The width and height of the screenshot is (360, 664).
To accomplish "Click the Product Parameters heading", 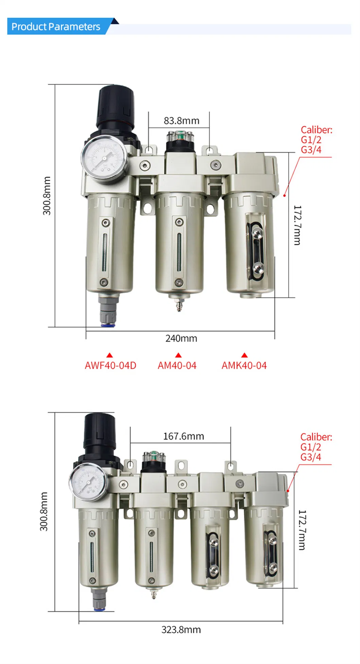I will [56, 26].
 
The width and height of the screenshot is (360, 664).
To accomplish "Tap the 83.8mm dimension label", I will [181, 121].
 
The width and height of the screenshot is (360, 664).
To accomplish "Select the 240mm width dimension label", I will [181, 338].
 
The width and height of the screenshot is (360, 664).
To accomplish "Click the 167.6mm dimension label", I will [183, 436].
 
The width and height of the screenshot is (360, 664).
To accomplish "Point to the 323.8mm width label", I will [181, 630].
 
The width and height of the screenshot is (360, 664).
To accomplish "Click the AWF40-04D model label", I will [110, 365].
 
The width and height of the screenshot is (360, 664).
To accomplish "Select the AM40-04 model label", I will [177, 365].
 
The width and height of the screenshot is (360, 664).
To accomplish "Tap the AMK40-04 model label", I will [244, 365].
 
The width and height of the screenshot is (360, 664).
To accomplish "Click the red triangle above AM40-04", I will [178, 355].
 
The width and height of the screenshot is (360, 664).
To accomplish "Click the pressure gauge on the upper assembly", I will [105, 158].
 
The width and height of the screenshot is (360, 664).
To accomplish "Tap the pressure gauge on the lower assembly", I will [88, 482].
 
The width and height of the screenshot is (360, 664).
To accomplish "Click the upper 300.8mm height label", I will [47, 196].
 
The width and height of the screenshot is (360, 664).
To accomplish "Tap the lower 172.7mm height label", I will [302, 530].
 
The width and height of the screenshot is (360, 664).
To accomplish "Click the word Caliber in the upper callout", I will [316, 130].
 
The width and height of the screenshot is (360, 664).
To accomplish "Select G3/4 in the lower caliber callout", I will [310, 457].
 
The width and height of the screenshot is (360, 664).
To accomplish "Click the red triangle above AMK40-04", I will [244, 355].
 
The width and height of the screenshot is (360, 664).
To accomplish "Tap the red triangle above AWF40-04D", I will [109, 355].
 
